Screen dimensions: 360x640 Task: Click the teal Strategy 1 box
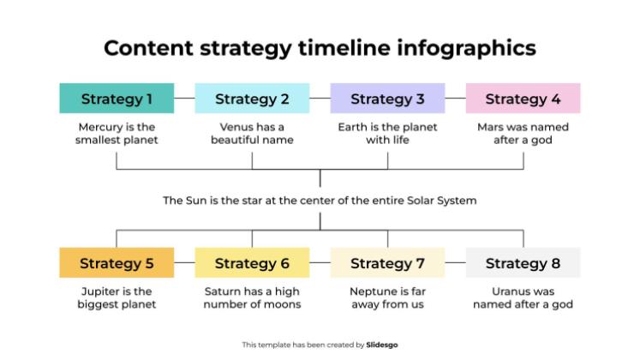click(117, 99)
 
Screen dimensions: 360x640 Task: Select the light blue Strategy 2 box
click(252, 99)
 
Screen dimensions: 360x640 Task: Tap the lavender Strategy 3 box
click(387, 99)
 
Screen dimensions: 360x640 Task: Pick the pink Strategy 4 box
click(523, 99)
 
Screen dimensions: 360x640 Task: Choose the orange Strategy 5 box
click(117, 263)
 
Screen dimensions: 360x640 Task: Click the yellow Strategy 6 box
click(252, 263)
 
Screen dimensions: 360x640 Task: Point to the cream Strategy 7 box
click(387, 263)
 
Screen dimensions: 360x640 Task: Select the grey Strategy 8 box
click(523, 263)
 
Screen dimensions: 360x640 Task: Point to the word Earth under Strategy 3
click(356, 127)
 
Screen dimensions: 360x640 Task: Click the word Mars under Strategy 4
click(493, 127)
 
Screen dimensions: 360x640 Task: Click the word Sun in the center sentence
click(199, 201)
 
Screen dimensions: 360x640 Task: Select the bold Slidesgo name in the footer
click(382, 345)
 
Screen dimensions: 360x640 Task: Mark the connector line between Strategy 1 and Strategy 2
click(184, 99)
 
